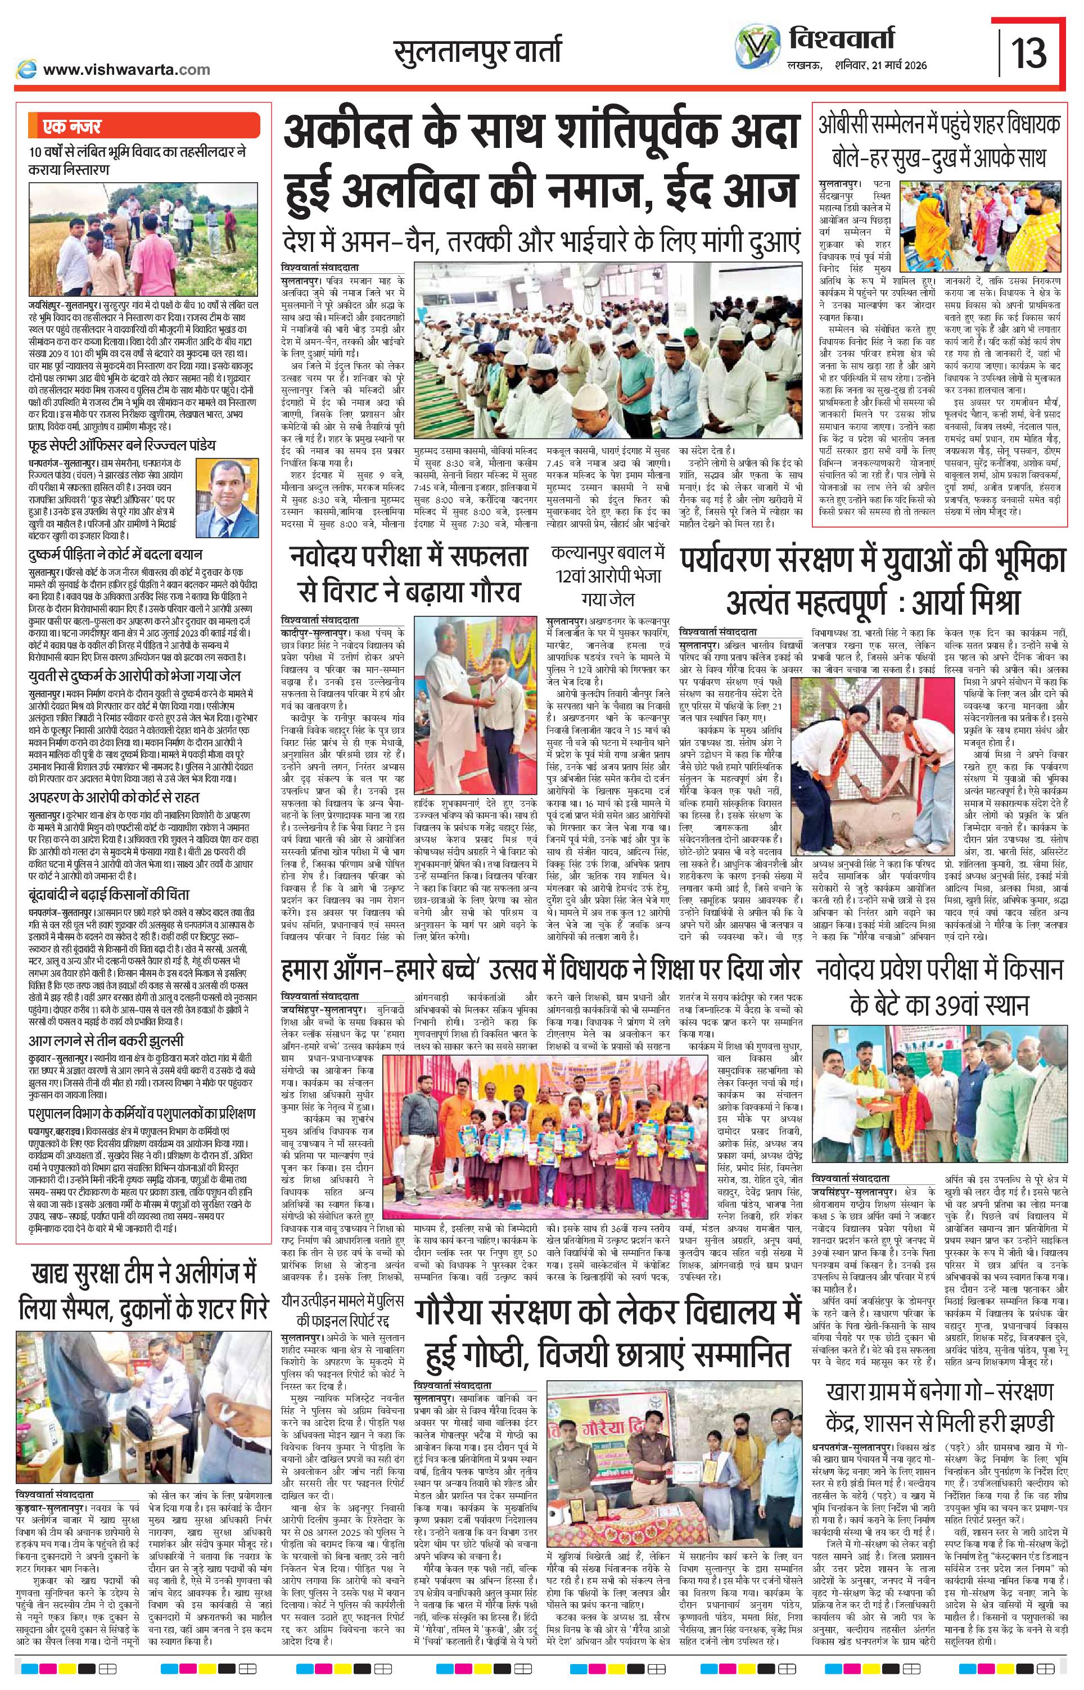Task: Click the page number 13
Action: (1028, 53)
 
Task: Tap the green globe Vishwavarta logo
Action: (755, 51)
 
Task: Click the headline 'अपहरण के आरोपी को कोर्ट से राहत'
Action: (114, 797)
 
